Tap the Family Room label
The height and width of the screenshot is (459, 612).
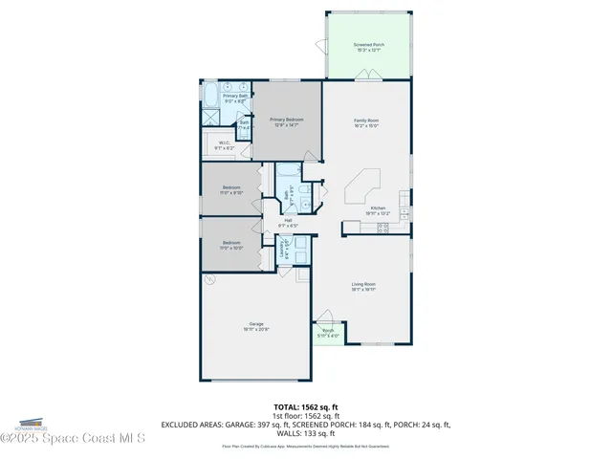tap(367, 120)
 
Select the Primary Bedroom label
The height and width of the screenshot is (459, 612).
tap(286, 120)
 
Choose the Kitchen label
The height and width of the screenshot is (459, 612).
tap(378, 208)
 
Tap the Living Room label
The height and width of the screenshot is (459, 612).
tap(362, 284)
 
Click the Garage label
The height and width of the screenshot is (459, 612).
tap(257, 324)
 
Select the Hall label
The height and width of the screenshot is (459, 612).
tap(288, 221)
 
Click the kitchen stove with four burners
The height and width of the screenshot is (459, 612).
tap(383, 227)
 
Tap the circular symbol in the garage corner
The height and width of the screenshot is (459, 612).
tap(213, 279)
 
